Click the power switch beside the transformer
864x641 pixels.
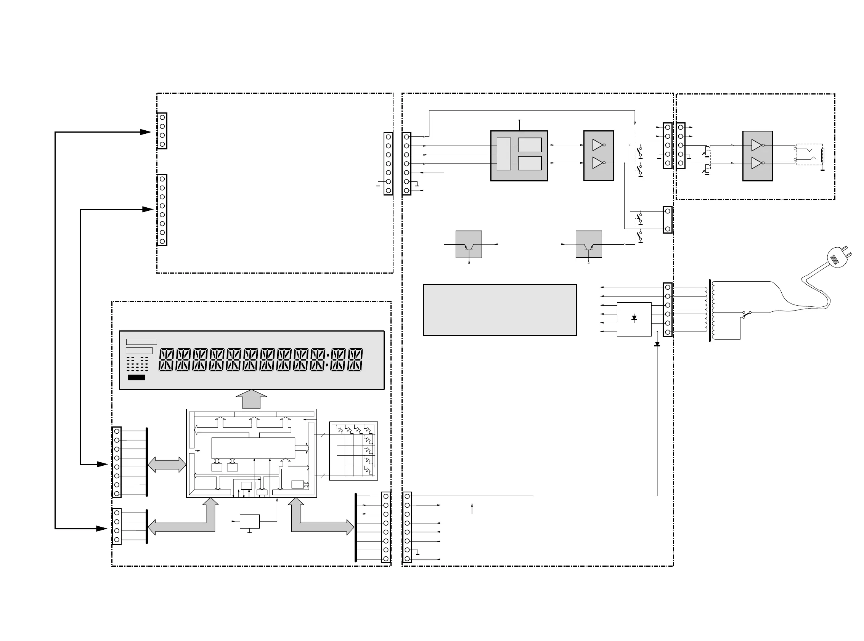point(747,314)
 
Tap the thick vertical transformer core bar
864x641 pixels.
point(710,311)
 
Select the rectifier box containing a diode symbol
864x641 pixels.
point(634,319)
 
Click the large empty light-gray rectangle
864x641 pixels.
point(500,309)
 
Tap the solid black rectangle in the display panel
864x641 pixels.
point(137,377)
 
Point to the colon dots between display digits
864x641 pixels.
point(328,360)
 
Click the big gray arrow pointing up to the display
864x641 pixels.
point(251,399)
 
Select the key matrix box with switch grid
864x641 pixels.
point(353,451)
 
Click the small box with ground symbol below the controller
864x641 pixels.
point(250,521)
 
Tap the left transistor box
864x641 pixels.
point(469,244)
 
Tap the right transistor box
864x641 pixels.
point(588,244)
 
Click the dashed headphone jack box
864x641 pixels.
point(809,154)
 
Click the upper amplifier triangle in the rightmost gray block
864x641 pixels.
point(756,145)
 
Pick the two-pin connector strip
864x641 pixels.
point(667,220)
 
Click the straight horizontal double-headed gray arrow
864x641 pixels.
point(167,465)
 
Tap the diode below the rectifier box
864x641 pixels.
point(657,344)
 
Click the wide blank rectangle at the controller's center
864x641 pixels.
point(253,448)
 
